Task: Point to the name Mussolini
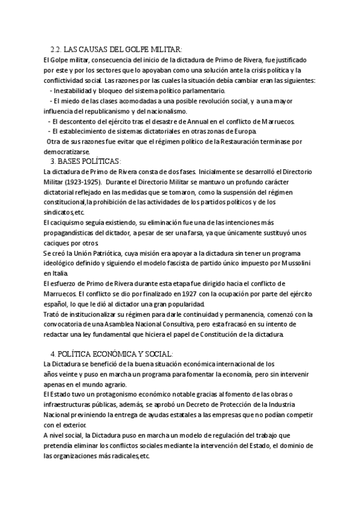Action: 294,264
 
